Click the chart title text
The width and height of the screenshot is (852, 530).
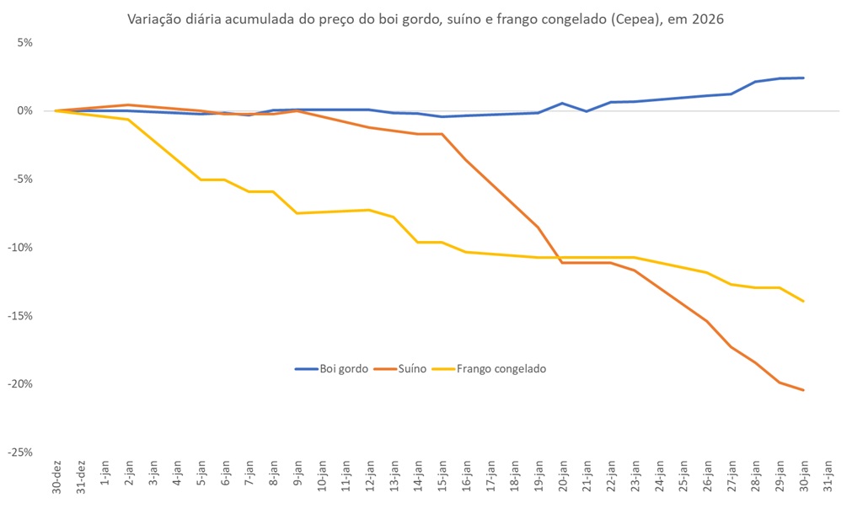pos(425,19)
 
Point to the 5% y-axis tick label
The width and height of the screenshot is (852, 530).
pos(24,42)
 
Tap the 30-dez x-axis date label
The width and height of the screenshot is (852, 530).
pos(56,479)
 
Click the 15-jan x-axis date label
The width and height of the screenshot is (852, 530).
pos(442,479)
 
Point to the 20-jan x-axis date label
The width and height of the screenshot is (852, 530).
pos(563,479)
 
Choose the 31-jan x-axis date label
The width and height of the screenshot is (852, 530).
pos(828,479)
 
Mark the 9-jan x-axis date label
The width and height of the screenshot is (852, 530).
pos(297,477)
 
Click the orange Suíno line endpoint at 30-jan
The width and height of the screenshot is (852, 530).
pos(804,390)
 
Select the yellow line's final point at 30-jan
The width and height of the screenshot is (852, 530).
pos(804,301)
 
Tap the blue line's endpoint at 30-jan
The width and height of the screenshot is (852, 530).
pos(804,78)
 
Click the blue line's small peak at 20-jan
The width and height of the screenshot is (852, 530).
pos(562,103)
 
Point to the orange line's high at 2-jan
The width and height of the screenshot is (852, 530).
pos(128,104)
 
